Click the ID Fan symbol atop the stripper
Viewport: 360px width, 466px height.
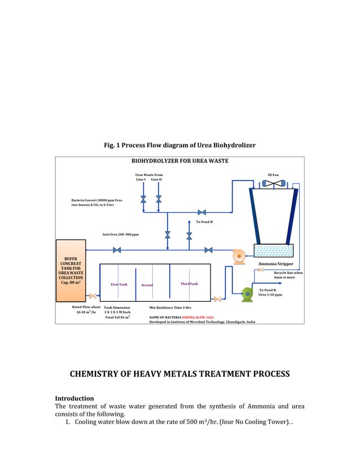pos(274,183)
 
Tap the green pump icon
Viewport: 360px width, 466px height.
pos(247,293)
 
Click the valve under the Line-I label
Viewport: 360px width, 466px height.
pos(144,199)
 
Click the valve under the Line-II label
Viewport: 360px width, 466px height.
pos(159,199)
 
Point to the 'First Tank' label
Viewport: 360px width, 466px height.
pos(118,284)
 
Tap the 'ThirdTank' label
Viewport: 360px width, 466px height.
pos(189,284)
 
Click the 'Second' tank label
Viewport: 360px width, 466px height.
pos(147,285)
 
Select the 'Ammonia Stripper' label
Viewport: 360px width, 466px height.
pos(275,263)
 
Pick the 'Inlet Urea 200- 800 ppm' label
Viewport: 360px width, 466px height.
pos(121,234)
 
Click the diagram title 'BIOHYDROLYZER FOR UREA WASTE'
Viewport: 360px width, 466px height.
pos(179,161)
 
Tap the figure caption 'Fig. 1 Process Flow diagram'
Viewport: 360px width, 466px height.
pos(179,146)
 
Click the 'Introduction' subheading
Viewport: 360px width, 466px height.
pos(74,398)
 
